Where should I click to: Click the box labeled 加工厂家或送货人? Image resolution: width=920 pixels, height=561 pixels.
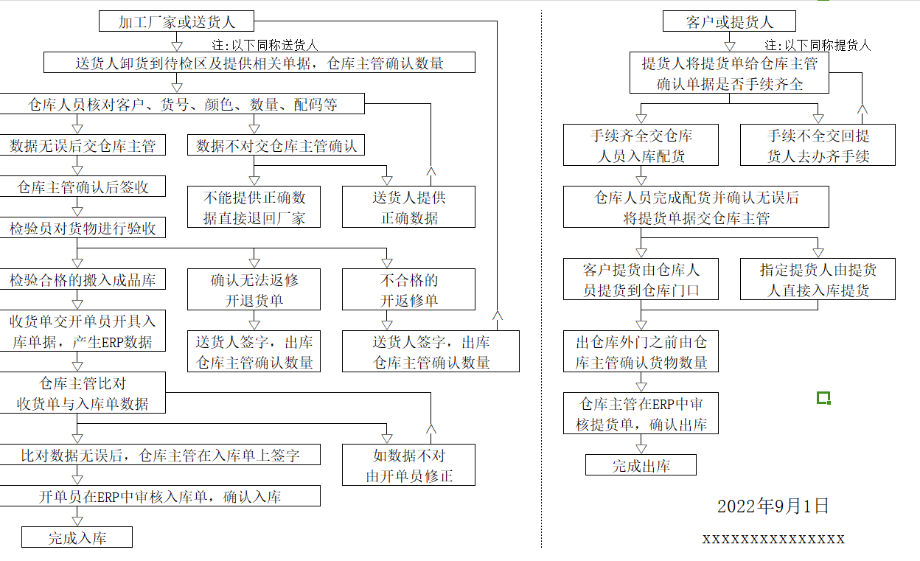(176, 21)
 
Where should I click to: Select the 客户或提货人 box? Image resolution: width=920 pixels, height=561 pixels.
(729, 21)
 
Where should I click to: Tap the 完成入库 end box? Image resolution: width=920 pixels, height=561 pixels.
(77, 537)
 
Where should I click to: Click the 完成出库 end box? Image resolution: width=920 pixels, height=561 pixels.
(641, 465)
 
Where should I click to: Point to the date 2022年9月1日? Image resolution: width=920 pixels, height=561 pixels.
(773, 506)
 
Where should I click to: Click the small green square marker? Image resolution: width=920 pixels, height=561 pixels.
(823, 398)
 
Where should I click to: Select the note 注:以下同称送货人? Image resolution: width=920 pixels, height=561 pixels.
(265, 45)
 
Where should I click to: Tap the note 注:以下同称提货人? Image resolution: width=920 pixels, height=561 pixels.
(818, 45)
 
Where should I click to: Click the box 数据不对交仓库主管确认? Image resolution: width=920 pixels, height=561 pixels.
(276, 145)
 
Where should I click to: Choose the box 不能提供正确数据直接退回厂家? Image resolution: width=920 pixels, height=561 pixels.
(254, 207)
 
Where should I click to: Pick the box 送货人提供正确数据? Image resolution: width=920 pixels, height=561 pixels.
(408, 207)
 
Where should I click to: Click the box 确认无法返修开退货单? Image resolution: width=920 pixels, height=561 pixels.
(254, 290)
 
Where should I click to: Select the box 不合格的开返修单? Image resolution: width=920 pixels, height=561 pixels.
(408, 290)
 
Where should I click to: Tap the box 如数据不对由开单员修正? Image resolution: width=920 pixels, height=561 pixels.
(408, 465)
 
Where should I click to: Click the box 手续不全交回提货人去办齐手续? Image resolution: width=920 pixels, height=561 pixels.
(818, 145)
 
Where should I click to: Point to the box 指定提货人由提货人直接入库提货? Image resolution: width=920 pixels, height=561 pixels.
(818, 279)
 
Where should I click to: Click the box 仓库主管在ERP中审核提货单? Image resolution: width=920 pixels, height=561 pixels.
(641, 413)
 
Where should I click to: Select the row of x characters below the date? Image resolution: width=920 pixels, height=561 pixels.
(773, 538)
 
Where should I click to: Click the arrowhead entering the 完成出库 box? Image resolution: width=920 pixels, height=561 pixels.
(641, 449)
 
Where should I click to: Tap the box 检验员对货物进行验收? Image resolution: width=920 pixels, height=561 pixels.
(83, 228)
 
